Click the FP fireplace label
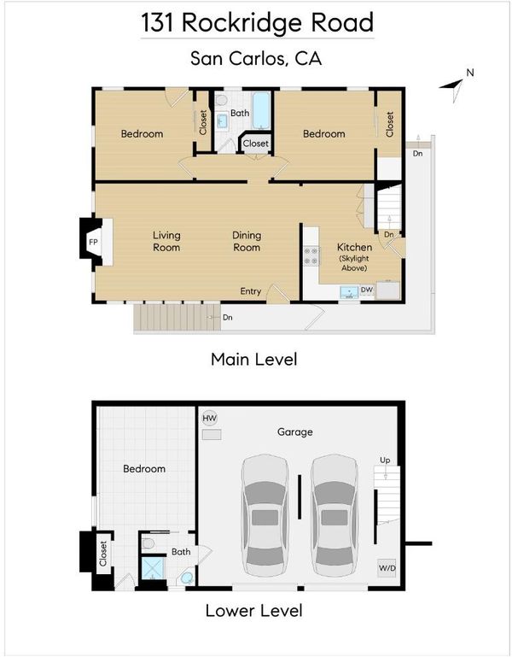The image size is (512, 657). coord(93,242)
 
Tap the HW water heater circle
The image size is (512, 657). coord(209,418)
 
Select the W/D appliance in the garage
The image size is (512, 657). coord(387,568)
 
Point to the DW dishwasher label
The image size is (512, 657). coord(367,290)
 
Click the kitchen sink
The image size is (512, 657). coord(349,291)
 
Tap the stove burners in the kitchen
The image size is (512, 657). coord(311,256)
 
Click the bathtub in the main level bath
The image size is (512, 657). coord(261,110)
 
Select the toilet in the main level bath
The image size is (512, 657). coord(221,100)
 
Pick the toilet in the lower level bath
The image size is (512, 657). coord(148,544)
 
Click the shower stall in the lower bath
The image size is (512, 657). coord(153,568)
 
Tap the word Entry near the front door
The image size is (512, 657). coord(250,291)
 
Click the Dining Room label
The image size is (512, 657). coord(247,241)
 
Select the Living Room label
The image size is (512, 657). coord(166,241)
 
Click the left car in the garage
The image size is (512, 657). coord(265,516)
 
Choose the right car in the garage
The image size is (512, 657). coord(335,516)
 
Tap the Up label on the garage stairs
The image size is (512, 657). coord(385,460)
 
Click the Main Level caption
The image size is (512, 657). coord(254,360)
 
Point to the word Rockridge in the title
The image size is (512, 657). coord(241,23)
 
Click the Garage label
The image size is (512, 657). coord(294,432)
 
